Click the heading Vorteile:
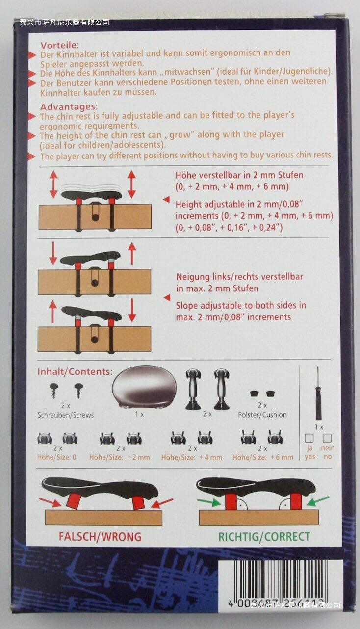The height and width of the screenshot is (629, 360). click(60, 45)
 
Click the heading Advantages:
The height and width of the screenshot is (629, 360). click(69, 107)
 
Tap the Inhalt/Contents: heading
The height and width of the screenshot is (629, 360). click(75, 371)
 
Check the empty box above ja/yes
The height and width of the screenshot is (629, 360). click(309, 438)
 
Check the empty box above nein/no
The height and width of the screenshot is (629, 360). click(327, 438)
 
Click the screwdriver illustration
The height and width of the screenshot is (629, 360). click(318, 393)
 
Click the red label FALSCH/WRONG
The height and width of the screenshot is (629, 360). click(100, 537)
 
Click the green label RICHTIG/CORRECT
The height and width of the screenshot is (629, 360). click(264, 537)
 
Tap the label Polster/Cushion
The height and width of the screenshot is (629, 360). click(262, 415)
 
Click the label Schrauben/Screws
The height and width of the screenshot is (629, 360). click(66, 415)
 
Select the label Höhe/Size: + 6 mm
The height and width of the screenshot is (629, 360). click(262, 457)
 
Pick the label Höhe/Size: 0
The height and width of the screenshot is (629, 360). click(57, 457)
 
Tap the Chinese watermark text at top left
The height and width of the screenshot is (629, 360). click(65, 22)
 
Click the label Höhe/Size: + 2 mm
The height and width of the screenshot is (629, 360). click(119, 457)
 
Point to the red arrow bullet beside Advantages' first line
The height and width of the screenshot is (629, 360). click(32, 116)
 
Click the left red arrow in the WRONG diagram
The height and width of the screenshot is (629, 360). click(50, 502)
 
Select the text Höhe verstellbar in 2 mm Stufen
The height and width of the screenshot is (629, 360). click(239, 175)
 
